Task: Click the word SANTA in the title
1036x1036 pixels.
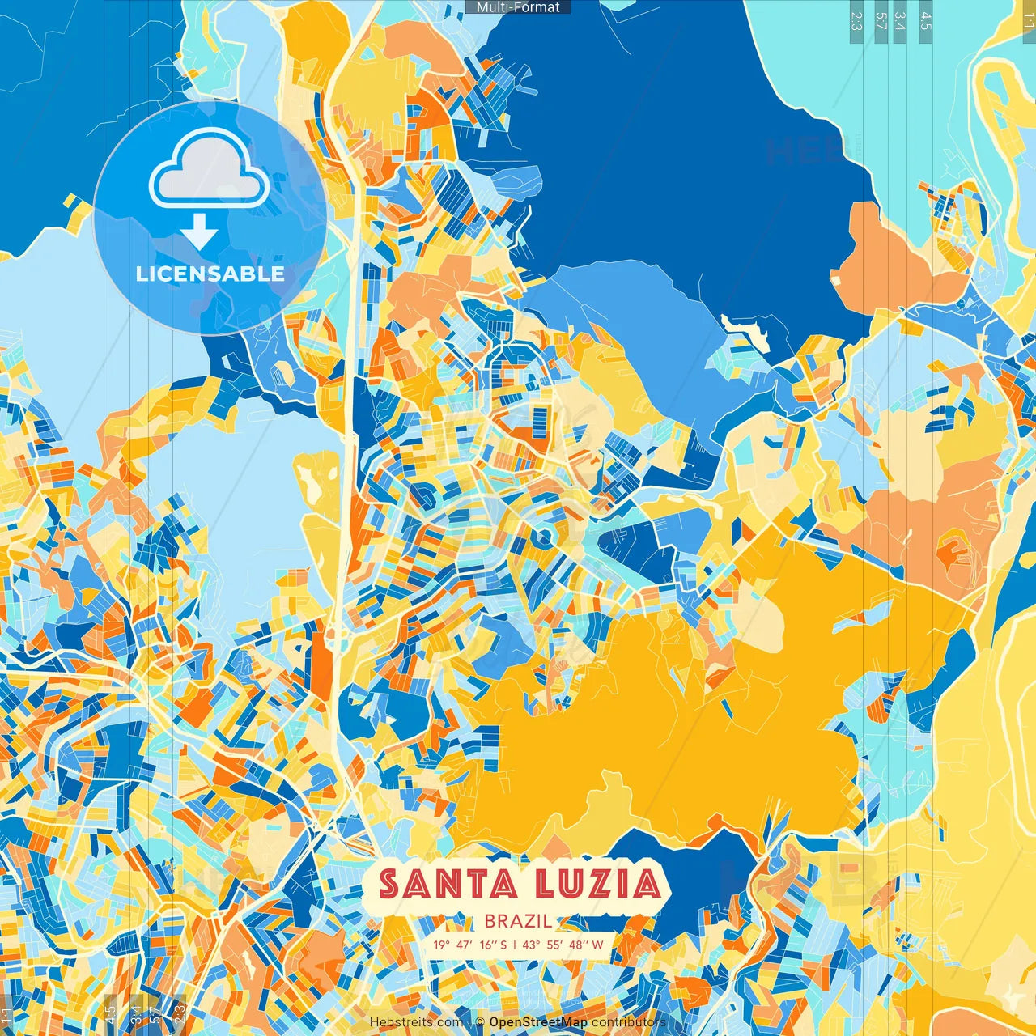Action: click(x=448, y=884)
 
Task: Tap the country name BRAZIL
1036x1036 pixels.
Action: click(x=518, y=921)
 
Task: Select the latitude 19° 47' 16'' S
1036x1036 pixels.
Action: click(x=469, y=945)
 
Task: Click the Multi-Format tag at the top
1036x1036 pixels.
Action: click(x=518, y=7)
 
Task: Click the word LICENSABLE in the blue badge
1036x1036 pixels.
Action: click(x=210, y=274)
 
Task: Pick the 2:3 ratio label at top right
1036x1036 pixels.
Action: click(x=856, y=21)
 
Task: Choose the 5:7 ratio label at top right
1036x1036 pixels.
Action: click(x=881, y=21)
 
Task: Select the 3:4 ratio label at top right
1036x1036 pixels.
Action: click(x=900, y=21)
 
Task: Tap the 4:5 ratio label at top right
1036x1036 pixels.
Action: click(x=926, y=21)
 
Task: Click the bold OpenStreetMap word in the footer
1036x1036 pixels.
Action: click(x=538, y=1022)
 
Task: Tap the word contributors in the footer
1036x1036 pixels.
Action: click(x=628, y=1022)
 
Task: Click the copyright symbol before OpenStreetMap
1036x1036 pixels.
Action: click(x=480, y=1022)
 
